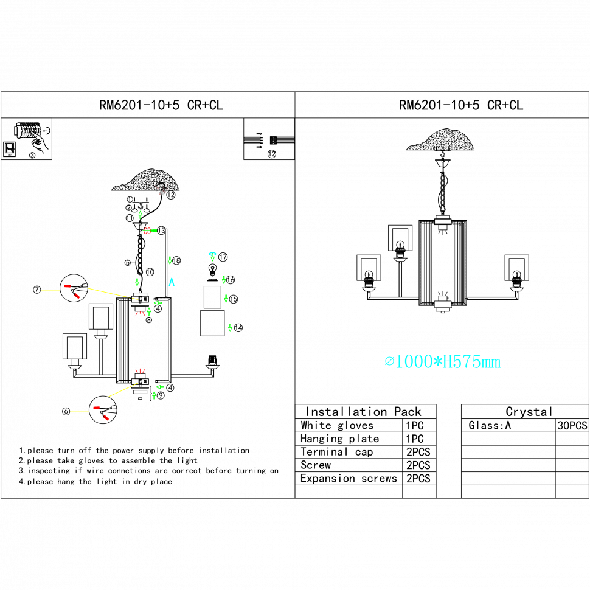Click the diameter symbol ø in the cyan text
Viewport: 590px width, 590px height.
[x=389, y=362]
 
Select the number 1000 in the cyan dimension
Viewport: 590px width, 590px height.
[x=414, y=362]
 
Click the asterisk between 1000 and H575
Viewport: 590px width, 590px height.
[x=437, y=362]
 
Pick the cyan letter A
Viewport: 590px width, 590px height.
[x=172, y=282]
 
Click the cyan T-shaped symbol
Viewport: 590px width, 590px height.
[x=212, y=256]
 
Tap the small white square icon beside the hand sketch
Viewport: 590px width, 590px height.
[x=9, y=148]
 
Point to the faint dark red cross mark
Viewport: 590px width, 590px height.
[x=161, y=190]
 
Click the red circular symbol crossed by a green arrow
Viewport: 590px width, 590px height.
[x=147, y=231]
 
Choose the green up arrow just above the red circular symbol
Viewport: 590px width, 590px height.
[x=141, y=215]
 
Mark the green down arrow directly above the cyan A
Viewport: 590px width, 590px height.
[x=170, y=260]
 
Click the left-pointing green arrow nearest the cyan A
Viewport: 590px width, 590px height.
[x=158, y=302]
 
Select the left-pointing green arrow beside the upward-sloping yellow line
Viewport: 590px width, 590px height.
[x=159, y=387]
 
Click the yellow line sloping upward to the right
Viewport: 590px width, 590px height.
[x=123, y=390]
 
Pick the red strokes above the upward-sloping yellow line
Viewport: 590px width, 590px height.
[x=140, y=370]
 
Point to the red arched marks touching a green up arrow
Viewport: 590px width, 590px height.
[x=140, y=313]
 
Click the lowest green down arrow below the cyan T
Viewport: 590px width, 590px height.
[x=230, y=328]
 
